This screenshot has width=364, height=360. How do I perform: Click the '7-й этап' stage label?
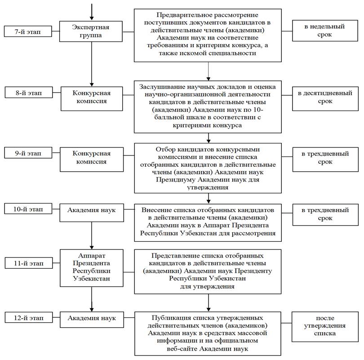click(28, 31)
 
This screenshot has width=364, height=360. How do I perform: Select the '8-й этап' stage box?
click(29, 93)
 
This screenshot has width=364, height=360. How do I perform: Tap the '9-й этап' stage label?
click(28, 153)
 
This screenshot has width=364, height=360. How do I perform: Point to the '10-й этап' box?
click(28, 209)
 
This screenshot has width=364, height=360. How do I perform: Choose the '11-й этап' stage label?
click(29, 263)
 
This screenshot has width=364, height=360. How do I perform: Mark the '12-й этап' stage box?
click(29, 317)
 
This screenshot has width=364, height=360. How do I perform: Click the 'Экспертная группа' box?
click(91, 31)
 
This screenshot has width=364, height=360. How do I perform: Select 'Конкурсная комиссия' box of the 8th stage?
click(92, 98)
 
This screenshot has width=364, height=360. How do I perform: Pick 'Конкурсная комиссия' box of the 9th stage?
click(92, 160)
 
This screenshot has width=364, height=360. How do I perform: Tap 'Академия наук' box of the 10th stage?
click(92, 213)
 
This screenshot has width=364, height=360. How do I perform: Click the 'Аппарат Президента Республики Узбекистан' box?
click(92, 268)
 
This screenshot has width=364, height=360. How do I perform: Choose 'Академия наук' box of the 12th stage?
click(92, 320)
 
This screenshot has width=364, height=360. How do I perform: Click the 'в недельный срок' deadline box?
click(325, 31)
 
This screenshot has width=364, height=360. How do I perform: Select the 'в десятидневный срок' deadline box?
click(325, 98)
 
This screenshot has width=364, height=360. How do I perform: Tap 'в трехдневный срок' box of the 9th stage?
click(325, 160)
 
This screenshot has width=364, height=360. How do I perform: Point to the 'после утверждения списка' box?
click(325, 327)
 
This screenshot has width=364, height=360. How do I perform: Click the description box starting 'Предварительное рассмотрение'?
click(208, 35)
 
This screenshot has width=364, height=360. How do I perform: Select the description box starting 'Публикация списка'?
click(208, 333)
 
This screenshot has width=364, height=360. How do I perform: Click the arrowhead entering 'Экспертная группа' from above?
click(92, 18)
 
